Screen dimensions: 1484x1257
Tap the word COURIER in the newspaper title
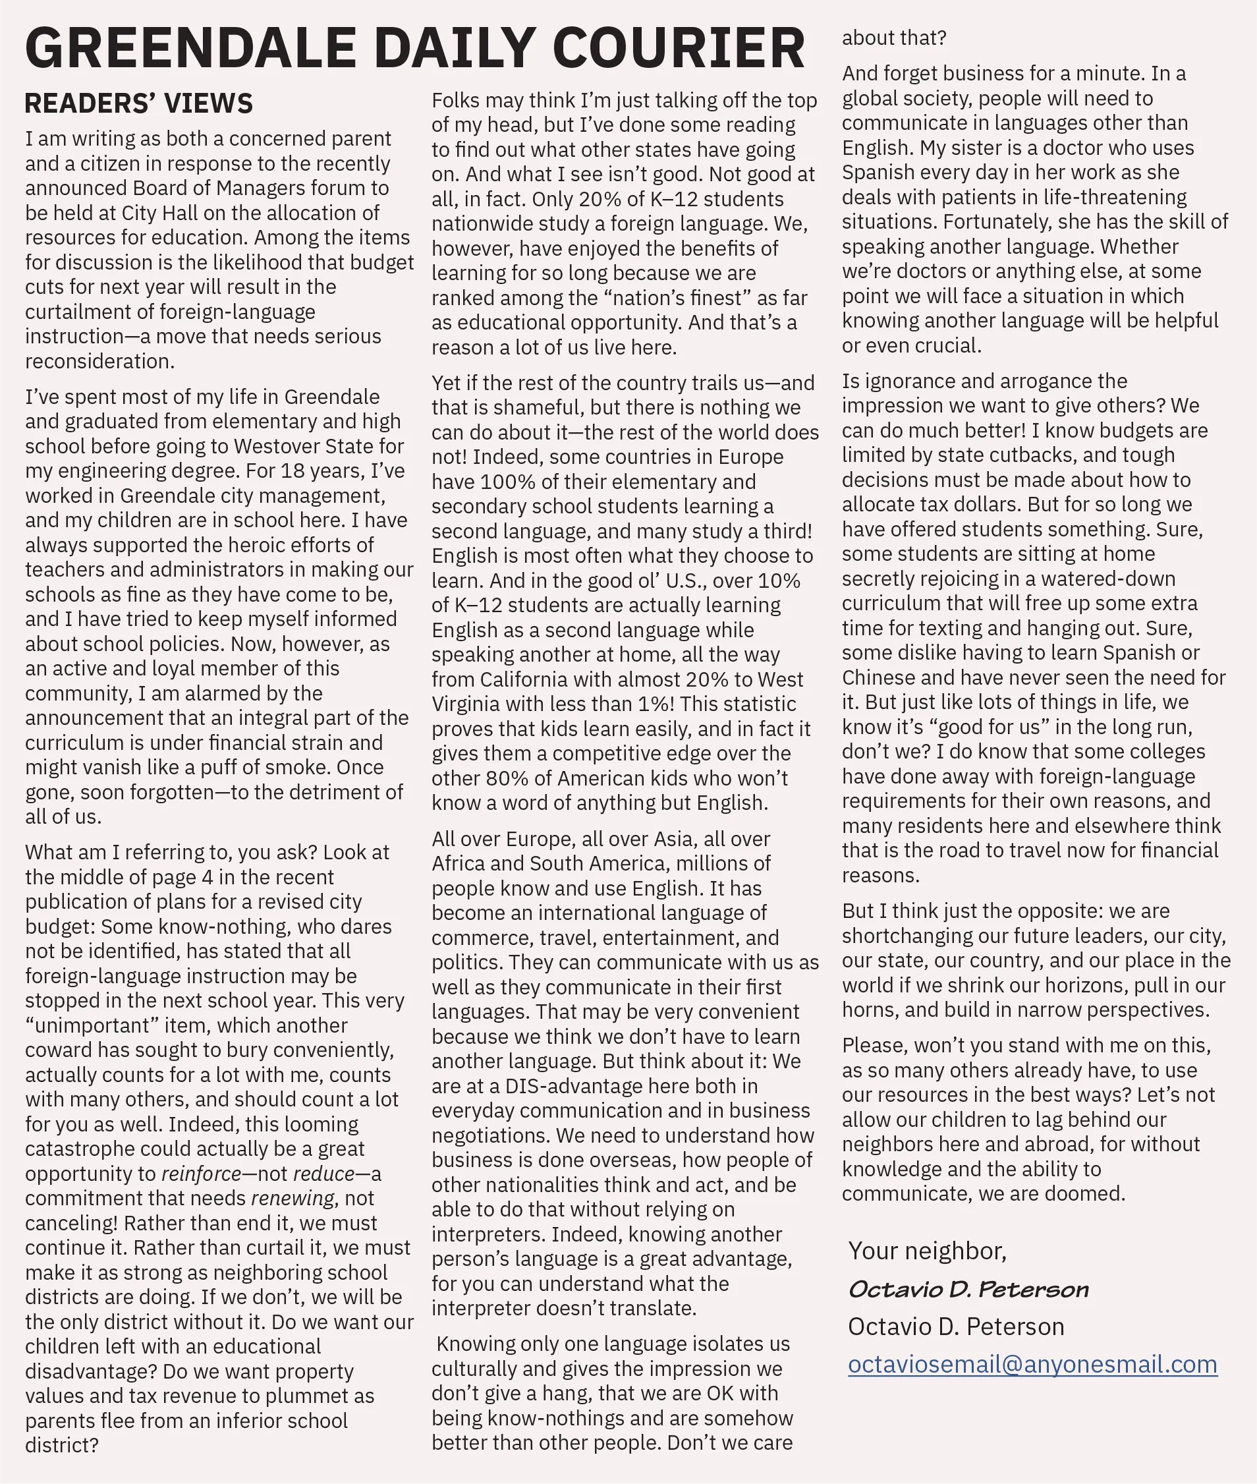click(x=679, y=47)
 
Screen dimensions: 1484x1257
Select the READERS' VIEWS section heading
click(x=138, y=103)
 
